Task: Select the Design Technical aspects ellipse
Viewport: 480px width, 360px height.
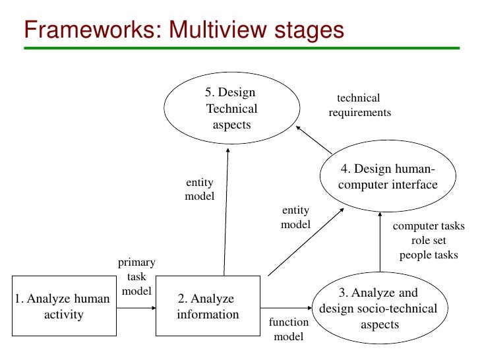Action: click(x=231, y=108)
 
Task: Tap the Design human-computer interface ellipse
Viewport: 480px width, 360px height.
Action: click(x=388, y=177)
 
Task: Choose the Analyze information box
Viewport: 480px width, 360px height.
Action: click(x=208, y=307)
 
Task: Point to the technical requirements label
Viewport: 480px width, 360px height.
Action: click(x=359, y=105)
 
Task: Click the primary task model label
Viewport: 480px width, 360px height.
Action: click(x=136, y=277)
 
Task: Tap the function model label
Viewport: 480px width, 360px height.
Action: click(x=289, y=329)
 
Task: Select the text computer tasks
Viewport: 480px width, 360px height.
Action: click(x=429, y=226)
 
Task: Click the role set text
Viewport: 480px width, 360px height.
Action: click(x=429, y=241)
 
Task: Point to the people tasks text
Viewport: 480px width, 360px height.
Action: click(x=429, y=255)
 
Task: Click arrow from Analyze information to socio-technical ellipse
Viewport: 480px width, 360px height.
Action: click(x=287, y=307)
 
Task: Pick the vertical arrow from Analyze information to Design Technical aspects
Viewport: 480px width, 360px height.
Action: click(x=226, y=211)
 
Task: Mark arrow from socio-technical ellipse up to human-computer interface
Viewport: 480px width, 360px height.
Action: click(x=381, y=244)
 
